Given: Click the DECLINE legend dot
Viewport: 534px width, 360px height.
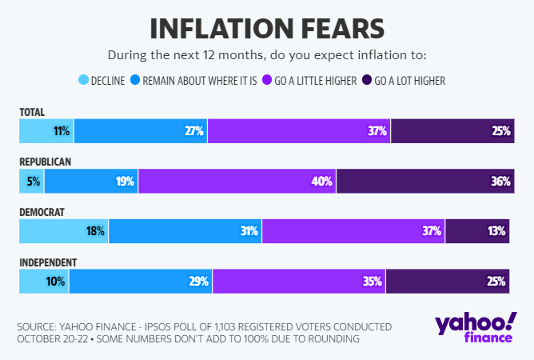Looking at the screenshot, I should pyautogui.click(x=84, y=80).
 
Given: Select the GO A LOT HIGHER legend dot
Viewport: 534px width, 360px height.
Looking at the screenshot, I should pyautogui.click(x=367, y=80).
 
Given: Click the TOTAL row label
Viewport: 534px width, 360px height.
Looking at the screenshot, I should pyautogui.click(x=32, y=112).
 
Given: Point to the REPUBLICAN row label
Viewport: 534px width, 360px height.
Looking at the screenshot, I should pyautogui.click(x=46, y=162).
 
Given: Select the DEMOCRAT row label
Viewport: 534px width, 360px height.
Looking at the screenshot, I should pyautogui.click(x=42, y=212).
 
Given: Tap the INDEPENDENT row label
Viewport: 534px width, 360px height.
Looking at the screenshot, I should pyautogui.click(x=48, y=262).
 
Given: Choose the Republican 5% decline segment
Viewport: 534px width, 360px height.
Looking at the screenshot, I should pyautogui.click(x=32, y=181).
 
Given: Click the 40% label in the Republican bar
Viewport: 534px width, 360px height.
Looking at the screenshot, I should pyautogui.click(x=322, y=181).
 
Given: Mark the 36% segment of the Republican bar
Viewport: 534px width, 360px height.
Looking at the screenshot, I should pyautogui.click(x=424, y=181).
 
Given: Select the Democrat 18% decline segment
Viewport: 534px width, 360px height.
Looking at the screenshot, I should pyautogui.click(x=64, y=231).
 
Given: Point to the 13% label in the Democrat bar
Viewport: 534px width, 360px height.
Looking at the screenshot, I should pyautogui.click(x=496, y=231).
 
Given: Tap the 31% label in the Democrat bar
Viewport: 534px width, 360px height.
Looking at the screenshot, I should pyautogui.click(x=249, y=231).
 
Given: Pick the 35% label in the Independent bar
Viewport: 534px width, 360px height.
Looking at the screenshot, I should pyautogui.click(x=373, y=281).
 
